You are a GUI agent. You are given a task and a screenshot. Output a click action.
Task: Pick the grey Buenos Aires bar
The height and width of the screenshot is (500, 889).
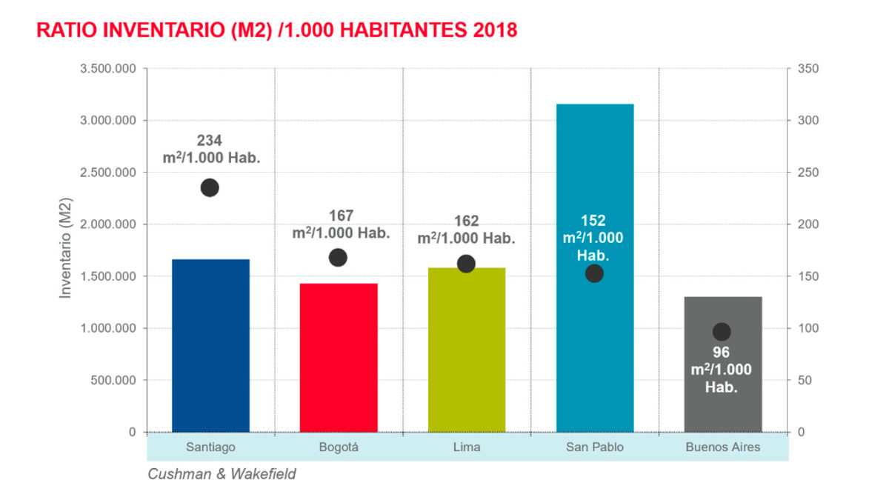click(722, 385)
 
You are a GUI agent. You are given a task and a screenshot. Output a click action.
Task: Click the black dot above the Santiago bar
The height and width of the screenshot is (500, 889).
click(210, 187)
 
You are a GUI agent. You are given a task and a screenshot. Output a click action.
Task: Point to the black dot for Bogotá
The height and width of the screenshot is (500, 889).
click(338, 258)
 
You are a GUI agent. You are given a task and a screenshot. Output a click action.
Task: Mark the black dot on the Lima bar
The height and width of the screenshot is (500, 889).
click(466, 264)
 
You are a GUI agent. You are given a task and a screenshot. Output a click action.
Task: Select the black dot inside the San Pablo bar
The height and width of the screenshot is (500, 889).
click(594, 273)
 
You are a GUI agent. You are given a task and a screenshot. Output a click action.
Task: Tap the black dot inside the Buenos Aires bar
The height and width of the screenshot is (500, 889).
click(722, 332)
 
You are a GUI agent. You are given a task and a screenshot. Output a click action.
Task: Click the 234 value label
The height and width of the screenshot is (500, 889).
click(210, 140)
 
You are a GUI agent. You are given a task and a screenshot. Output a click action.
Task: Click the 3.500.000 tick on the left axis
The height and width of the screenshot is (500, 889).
click(107, 69)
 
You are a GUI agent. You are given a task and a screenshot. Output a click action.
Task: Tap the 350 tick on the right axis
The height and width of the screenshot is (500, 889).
click(808, 69)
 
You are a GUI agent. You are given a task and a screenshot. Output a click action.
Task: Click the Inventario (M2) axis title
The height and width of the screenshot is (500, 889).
click(66, 250)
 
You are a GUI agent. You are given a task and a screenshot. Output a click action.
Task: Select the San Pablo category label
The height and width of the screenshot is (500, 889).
click(594, 447)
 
